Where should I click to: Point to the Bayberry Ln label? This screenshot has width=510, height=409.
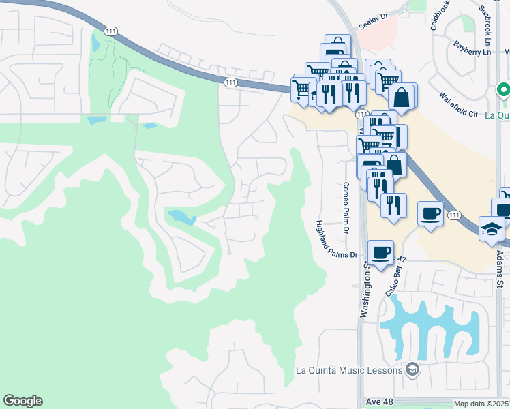coord(472,48)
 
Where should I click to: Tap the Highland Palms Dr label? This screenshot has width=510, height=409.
coord(337,239)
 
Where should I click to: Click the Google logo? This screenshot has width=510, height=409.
coord(22,401)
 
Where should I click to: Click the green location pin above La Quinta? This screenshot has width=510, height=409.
coord(503,90)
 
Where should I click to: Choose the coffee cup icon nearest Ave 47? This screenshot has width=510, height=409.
coord(380,252)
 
